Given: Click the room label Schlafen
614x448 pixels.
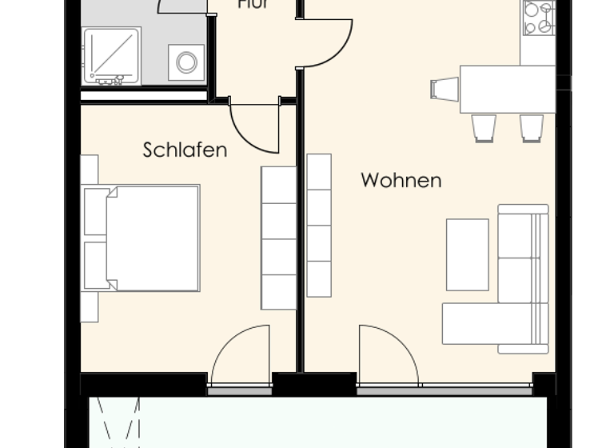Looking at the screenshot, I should [x=185, y=150].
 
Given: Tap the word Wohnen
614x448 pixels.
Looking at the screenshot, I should [x=401, y=180].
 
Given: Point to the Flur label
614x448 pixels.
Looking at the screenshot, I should [x=252, y=5].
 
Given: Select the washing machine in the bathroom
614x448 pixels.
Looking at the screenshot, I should [x=186, y=62].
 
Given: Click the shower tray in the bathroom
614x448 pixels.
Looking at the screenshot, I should [x=112, y=56].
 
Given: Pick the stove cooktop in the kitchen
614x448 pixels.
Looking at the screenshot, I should [x=539, y=18].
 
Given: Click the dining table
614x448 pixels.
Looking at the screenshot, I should [x=507, y=89].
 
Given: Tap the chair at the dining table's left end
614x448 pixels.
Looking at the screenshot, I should [x=444, y=88].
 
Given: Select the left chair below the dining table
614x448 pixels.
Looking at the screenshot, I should [x=484, y=127].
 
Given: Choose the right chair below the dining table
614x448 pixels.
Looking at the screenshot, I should [x=532, y=127].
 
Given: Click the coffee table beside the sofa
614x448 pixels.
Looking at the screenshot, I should [x=467, y=254].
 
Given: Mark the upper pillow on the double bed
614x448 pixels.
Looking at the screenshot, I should [x=96, y=212].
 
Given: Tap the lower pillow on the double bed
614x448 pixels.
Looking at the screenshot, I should [x=96, y=266].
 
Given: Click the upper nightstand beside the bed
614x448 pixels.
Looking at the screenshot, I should [x=89, y=170].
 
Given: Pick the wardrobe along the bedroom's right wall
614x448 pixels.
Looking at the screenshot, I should [x=279, y=238].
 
